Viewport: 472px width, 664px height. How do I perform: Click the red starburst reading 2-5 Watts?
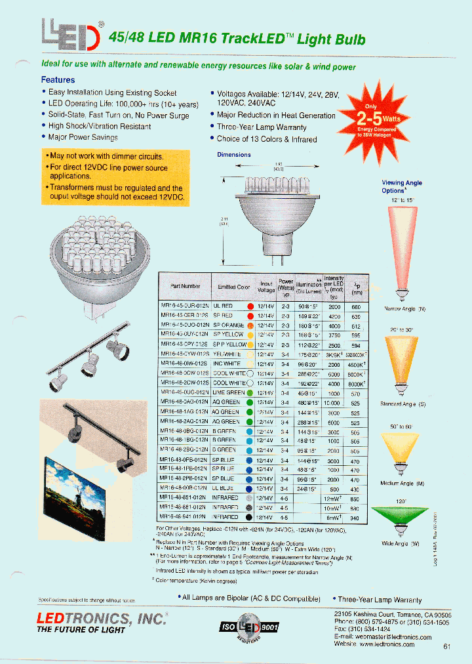click(x=370, y=121)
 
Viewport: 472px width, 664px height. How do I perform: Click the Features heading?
click(x=58, y=80)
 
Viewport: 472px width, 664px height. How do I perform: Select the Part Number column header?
click(x=184, y=286)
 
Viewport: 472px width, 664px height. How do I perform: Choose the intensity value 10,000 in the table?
click(x=334, y=403)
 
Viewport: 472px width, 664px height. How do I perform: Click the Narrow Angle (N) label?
click(x=404, y=308)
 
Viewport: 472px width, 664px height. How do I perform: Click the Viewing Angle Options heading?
click(x=402, y=187)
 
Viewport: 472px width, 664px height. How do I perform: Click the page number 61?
click(x=446, y=646)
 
